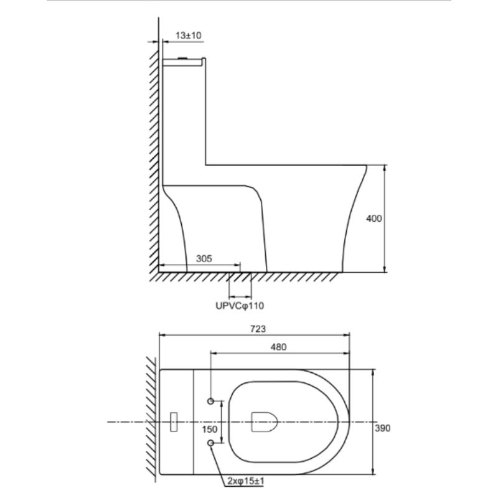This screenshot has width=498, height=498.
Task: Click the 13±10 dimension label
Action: pos(189,36)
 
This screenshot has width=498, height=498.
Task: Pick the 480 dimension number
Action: pos(278,347)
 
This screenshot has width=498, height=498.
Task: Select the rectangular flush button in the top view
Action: pos(174,421)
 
